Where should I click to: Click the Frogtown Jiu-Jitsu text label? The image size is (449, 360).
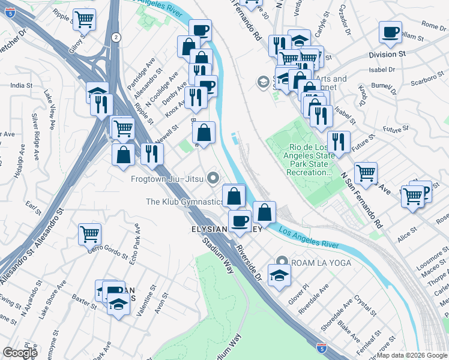pyautogui.click(x=166, y=179)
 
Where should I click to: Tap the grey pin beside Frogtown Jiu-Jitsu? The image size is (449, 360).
pyautogui.click(x=212, y=178)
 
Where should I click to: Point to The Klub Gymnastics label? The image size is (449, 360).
pyautogui.click(x=184, y=202)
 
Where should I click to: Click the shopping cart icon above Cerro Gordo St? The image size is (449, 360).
pyautogui.click(x=89, y=233)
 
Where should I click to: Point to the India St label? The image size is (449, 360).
pyautogui.click(x=21, y=86)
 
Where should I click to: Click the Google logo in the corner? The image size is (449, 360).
pyautogui.click(x=20, y=353)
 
